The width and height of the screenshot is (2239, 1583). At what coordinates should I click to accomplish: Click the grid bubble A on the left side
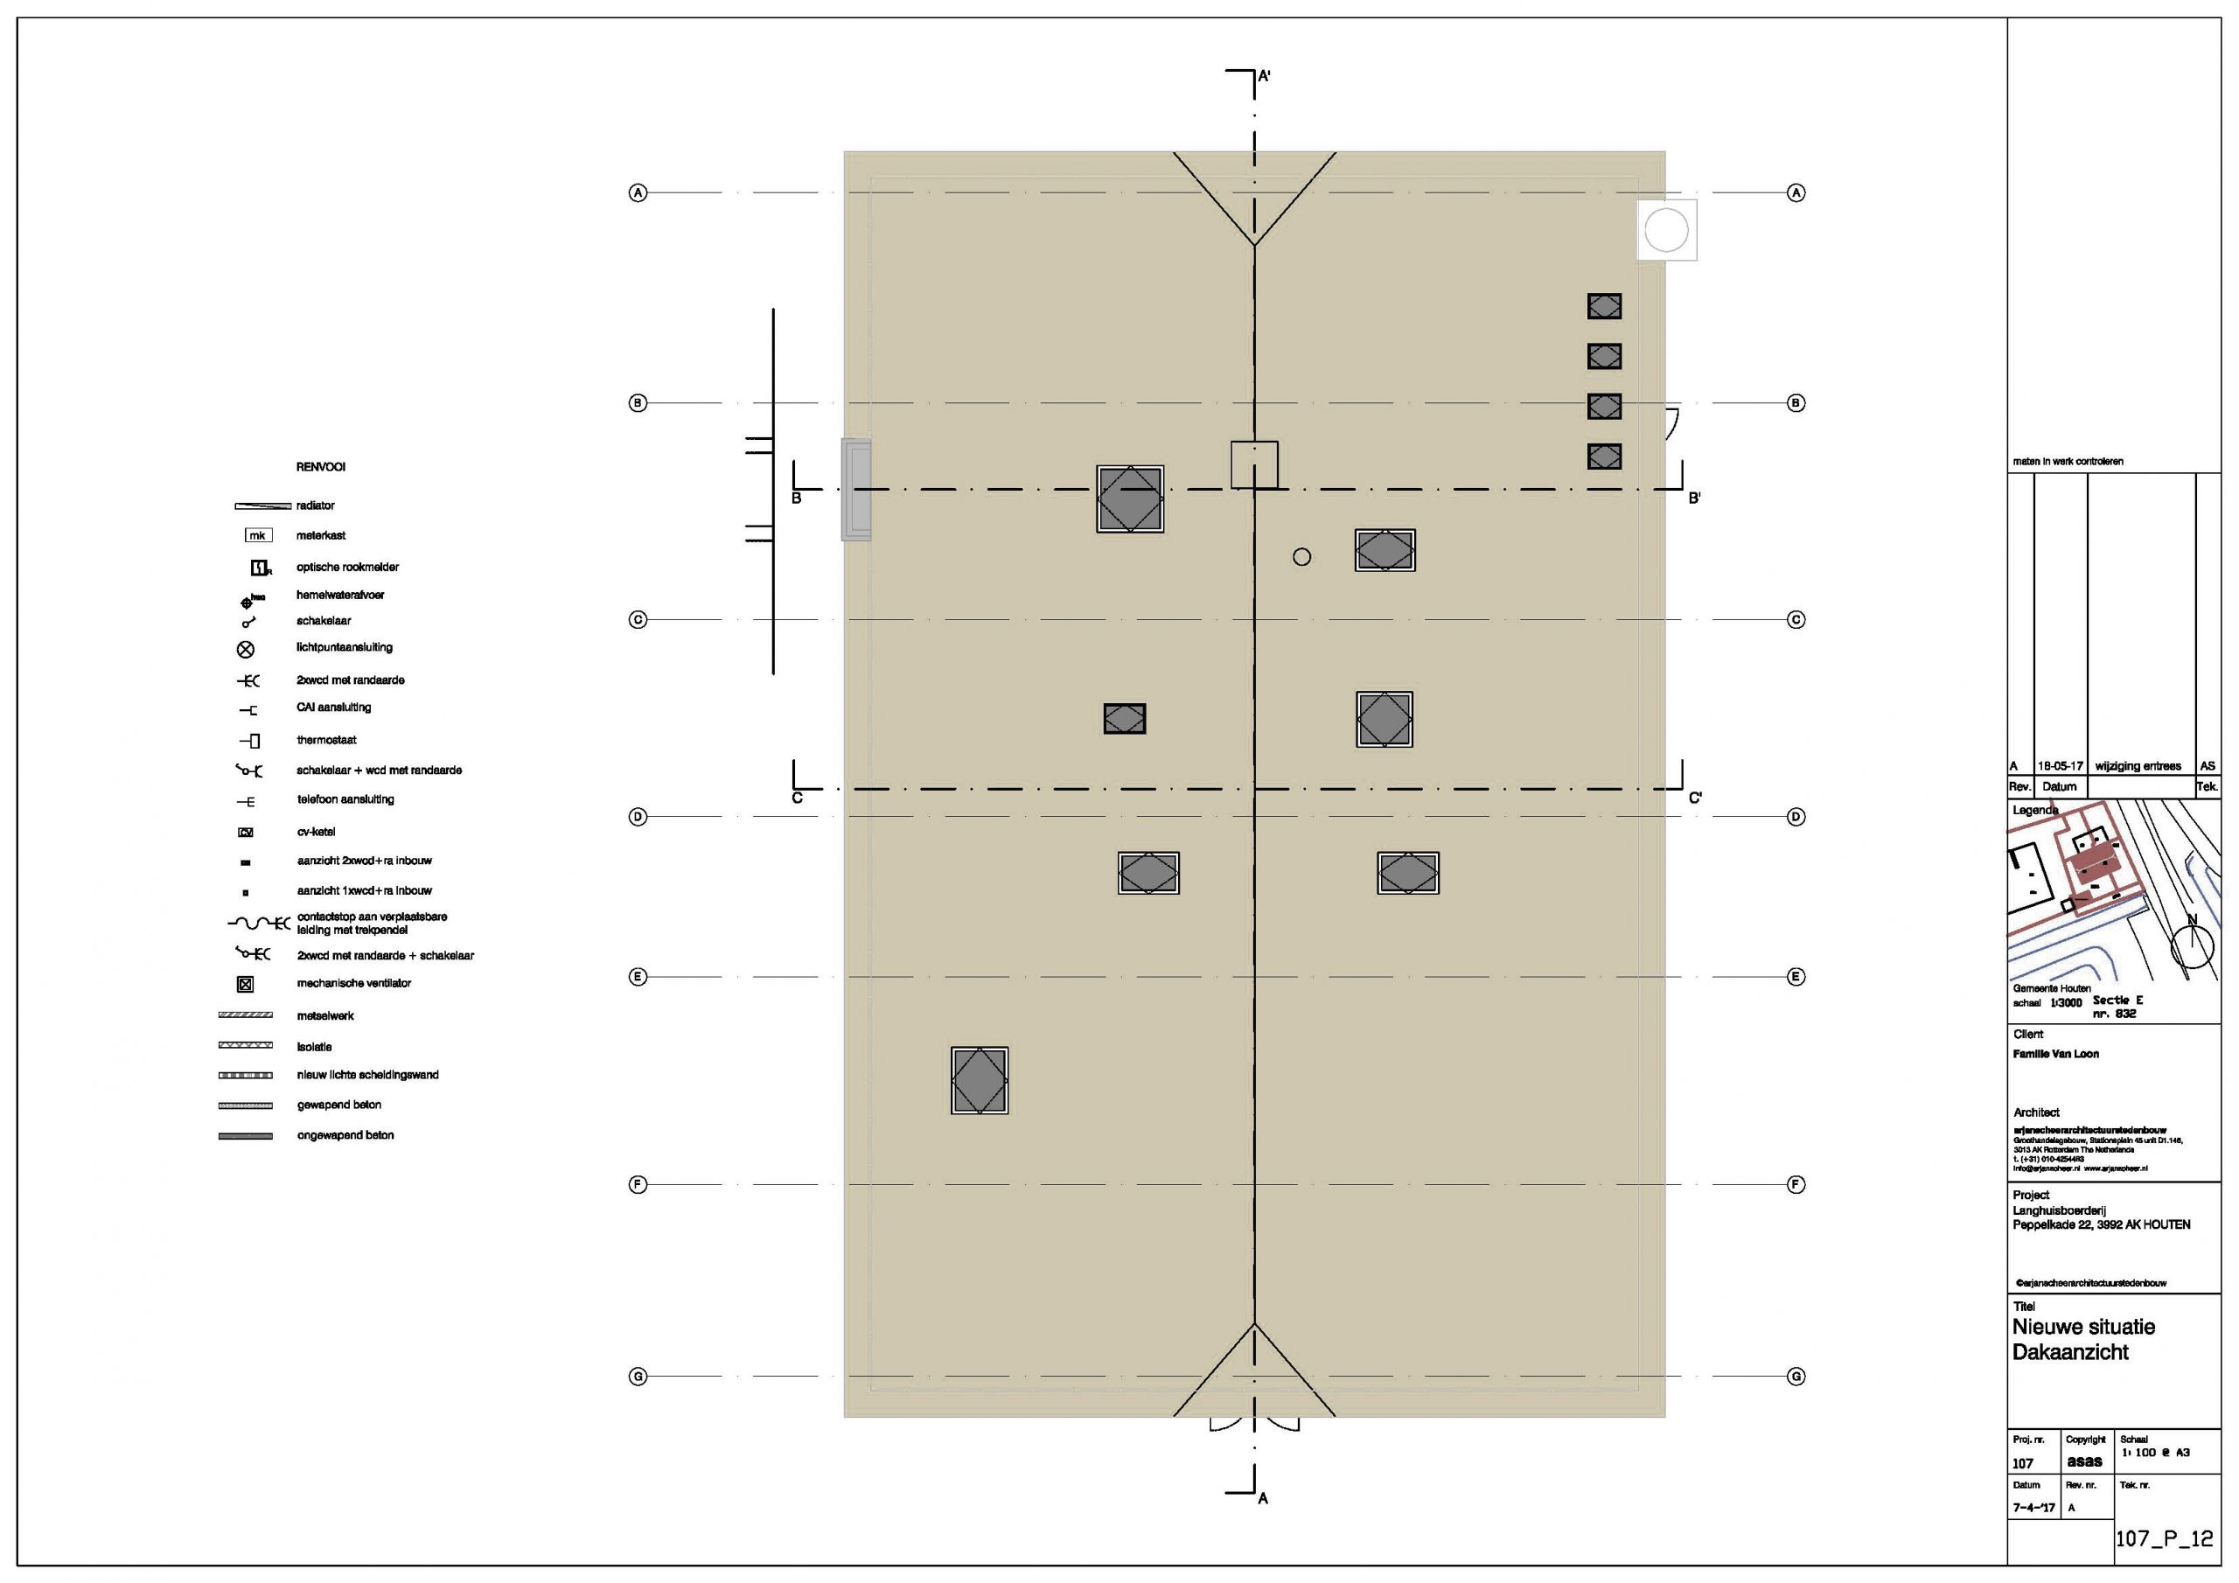[x=638, y=193]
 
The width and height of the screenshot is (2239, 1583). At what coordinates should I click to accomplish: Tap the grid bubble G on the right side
[x=1796, y=1377]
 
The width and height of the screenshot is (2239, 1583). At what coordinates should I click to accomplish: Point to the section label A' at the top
[x=1264, y=75]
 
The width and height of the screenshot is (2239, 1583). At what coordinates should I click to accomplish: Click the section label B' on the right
[x=1695, y=499]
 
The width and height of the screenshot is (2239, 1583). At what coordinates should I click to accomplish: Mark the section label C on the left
[x=797, y=798]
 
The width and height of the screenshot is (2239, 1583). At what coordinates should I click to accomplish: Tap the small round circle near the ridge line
[x=1302, y=557]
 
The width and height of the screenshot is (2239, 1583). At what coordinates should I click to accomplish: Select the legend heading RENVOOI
[x=321, y=467]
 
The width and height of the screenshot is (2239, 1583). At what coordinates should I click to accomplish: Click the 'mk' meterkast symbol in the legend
[x=257, y=535]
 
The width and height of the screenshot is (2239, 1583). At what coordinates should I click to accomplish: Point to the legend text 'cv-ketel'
[x=316, y=832]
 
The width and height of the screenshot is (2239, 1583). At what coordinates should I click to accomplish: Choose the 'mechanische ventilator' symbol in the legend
[x=246, y=984]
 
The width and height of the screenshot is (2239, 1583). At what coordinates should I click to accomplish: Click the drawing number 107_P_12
[x=2163, y=1538]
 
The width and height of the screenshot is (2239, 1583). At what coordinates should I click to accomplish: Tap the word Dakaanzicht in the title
[x=2070, y=1352]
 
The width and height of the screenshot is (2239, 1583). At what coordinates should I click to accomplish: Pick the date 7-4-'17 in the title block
[x=2033, y=1507]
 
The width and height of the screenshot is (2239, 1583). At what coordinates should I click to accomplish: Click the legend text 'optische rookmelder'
[x=347, y=567]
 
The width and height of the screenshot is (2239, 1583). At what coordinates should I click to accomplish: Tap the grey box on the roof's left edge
[x=856, y=489]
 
